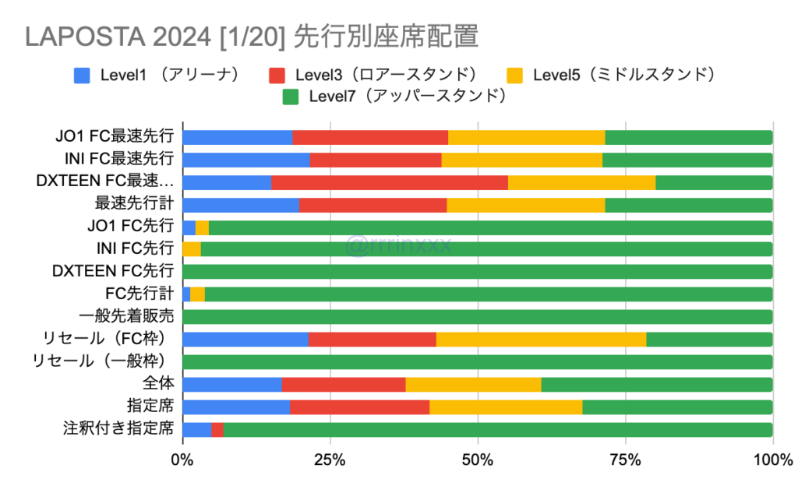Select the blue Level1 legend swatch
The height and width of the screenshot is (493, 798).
(x=82, y=76)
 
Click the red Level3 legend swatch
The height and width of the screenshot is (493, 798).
(x=277, y=76)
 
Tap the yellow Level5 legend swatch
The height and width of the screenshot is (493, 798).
(x=514, y=76)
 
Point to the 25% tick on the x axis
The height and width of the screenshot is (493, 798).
(x=330, y=460)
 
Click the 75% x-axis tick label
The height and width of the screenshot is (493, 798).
(x=625, y=460)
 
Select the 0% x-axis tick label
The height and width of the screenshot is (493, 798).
(x=182, y=460)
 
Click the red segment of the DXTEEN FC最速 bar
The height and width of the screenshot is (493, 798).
(x=389, y=182)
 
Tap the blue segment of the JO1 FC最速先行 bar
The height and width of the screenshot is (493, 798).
(x=237, y=138)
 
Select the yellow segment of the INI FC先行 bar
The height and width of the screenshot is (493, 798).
(x=191, y=249)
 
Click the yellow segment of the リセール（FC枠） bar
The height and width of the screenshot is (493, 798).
(x=541, y=340)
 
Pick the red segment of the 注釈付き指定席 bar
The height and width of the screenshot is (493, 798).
(x=217, y=429)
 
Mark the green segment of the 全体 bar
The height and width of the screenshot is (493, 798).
(x=656, y=384)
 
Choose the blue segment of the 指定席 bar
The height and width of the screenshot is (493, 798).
(x=235, y=407)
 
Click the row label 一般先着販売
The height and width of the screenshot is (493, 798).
(x=126, y=317)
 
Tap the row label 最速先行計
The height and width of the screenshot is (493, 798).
(x=133, y=205)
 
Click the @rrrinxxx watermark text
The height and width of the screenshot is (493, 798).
(x=398, y=247)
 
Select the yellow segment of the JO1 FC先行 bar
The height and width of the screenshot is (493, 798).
(x=202, y=227)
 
